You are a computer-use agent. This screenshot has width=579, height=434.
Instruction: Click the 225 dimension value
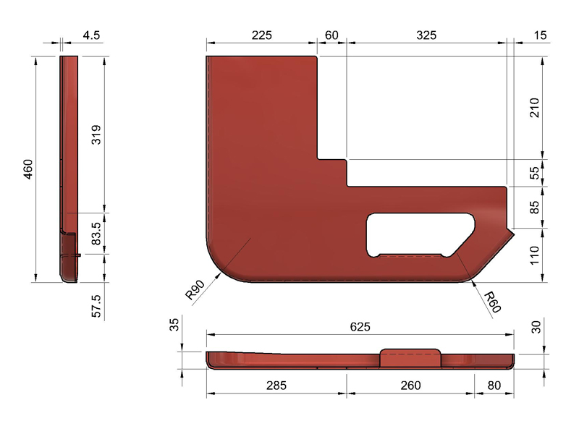pyautogui.click(x=262, y=35)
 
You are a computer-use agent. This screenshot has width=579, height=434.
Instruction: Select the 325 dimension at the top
pyautogui.click(x=426, y=35)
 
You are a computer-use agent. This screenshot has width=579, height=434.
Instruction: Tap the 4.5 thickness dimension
pyautogui.click(x=91, y=35)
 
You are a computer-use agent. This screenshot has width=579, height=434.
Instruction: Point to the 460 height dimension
pyautogui.click(x=28, y=169)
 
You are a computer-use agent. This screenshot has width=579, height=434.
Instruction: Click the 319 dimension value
pyautogui.click(x=96, y=135)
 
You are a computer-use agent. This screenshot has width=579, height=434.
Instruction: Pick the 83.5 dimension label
pyautogui.click(x=96, y=233)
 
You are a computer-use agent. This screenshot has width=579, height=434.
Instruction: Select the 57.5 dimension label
pyautogui.click(x=96, y=305)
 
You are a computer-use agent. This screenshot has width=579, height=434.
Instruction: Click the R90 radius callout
pyautogui.click(x=195, y=290)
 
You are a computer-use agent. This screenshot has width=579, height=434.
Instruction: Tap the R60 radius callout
pyautogui.click(x=492, y=302)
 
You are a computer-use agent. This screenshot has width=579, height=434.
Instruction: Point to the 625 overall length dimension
pyautogui.click(x=360, y=327)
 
